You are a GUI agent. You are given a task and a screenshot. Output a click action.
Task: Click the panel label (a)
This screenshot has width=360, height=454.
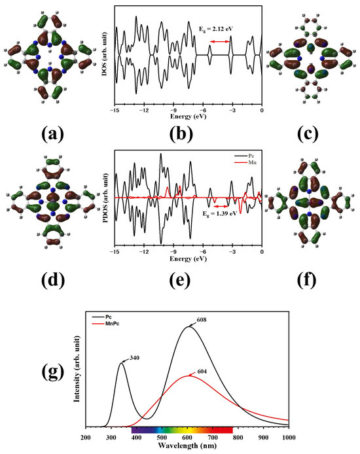pos(52,134)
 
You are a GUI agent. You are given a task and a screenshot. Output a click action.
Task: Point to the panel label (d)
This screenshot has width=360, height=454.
pos(52,281)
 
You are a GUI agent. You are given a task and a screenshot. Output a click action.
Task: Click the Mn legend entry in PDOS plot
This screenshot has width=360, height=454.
pos(247,167)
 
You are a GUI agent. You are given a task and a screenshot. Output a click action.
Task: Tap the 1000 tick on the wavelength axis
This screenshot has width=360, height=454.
pos(288,436)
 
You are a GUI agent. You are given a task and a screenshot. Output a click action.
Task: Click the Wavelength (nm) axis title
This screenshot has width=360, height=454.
pos(188,447)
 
